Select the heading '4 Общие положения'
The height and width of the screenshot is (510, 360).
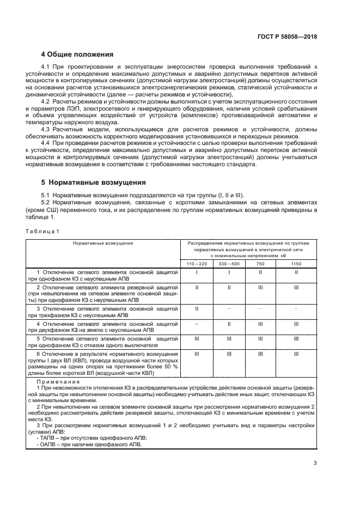click(x=77, y=54)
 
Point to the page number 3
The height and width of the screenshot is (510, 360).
click(x=315, y=464)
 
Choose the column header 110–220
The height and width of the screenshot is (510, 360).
click(x=196, y=264)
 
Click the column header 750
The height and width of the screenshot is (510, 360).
click(x=260, y=264)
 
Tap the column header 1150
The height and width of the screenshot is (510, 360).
click(x=296, y=264)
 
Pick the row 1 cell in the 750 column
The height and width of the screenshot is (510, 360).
click(x=260, y=271)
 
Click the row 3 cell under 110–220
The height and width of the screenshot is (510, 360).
click(x=196, y=308)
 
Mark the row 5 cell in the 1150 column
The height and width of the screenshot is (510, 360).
click(x=296, y=338)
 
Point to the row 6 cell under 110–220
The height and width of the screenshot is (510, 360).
click(x=196, y=353)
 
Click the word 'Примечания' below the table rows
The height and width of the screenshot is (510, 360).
click(x=53, y=382)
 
